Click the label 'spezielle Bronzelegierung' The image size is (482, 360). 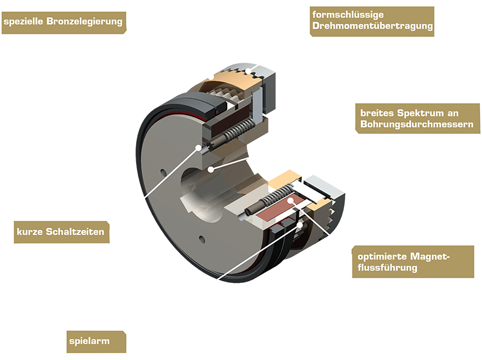coord(64,22)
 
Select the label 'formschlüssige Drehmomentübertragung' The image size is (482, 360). coord(372,21)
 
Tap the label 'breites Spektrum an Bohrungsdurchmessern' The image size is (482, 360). coord(418,118)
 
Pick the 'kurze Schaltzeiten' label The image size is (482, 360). coord(61,232)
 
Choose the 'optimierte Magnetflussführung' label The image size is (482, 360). coord(413,262)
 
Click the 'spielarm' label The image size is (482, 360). coord(96,341)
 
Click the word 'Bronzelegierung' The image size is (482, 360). coord(84,22)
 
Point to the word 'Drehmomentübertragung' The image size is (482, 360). coord(372,26)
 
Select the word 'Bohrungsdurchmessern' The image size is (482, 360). coord(417,124)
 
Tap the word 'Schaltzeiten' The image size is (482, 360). coord(80,232)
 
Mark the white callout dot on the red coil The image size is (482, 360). coord(290,200)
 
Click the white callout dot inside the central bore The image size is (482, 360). coord(210,169)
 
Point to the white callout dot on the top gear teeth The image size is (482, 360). coord(248,71)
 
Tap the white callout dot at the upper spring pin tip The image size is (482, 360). coord(199,147)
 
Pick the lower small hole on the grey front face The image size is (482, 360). coord(202,239)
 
